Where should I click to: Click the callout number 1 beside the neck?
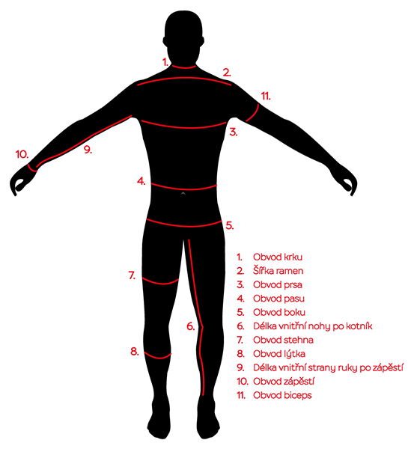pyautogui.click(x=165, y=62)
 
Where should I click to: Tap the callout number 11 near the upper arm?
pyautogui.click(x=266, y=97)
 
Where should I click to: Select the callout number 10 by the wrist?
pyautogui.click(x=22, y=155)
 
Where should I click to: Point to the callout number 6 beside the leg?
pyautogui.click(x=190, y=326)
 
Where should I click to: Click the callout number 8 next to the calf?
pyautogui.click(x=134, y=352)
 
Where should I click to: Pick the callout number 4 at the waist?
pyautogui.click(x=141, y=181)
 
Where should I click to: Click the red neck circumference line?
pyautogui.click(x=184, y=67)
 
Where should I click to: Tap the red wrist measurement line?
pyautogui.click(x=32, y=168)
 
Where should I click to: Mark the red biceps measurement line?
pyautogui.click(x=254, y=114)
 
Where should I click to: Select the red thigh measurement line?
pyautogui.click(x=160, y=282)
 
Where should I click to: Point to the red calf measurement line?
pyautogui.click(x=157, y=356)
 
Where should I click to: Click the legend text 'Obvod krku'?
pyautogui.click(x=278, y=257)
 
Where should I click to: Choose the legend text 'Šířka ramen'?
pyautogui.click(x=278, y=271)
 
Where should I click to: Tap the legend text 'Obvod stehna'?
pyautogui.click(x=283, y=340)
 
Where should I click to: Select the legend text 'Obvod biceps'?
pyautogui.click(x=282, y=395)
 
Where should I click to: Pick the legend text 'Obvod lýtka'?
pyautogui.click(x=279, y=354)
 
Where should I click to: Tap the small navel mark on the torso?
pyautogui.click(x=183, y=194)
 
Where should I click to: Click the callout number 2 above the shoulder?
pyautogui.click(x=227, y=73)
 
